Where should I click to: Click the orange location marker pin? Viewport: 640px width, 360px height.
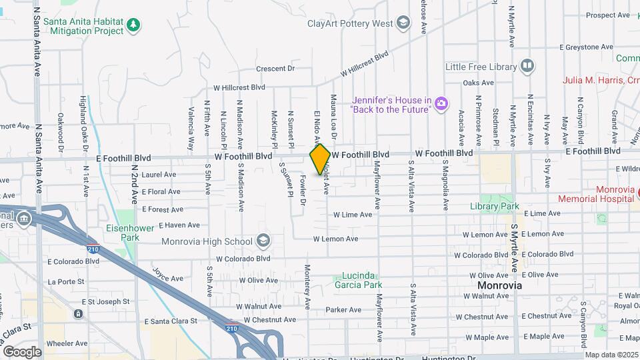pyautogui.click(x=320, y=159)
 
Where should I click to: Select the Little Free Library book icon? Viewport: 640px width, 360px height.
pyautogui.click(x=527, y=66)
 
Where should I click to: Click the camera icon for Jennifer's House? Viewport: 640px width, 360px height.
pyautogui.click(x=441, y=103)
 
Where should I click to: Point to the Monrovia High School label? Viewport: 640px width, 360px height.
pyautogui.click(x=215, y=241)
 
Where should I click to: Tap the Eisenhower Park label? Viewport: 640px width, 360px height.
pyautogui.click(x=129, y=232)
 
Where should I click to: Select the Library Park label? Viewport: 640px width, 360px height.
pyautogui.click(x=499, y=207)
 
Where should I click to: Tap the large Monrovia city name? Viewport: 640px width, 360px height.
pyautogui.click(x=499, y=285)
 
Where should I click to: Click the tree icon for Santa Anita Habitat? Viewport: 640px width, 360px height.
pyautogui.click(x=134, y=25)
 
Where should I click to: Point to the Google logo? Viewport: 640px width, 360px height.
pyautogui.click(x=22, y=351)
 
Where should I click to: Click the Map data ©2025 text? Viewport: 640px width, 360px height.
pyautogui.click(x=611, y=355)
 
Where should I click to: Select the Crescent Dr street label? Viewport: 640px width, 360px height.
pyautogui.click(x=275, y=69)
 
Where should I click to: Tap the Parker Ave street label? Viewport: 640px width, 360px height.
pyautogui.click(x=343, y=309)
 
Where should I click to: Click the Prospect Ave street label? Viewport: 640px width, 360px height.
pyautogui.click(x=608, y=15)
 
